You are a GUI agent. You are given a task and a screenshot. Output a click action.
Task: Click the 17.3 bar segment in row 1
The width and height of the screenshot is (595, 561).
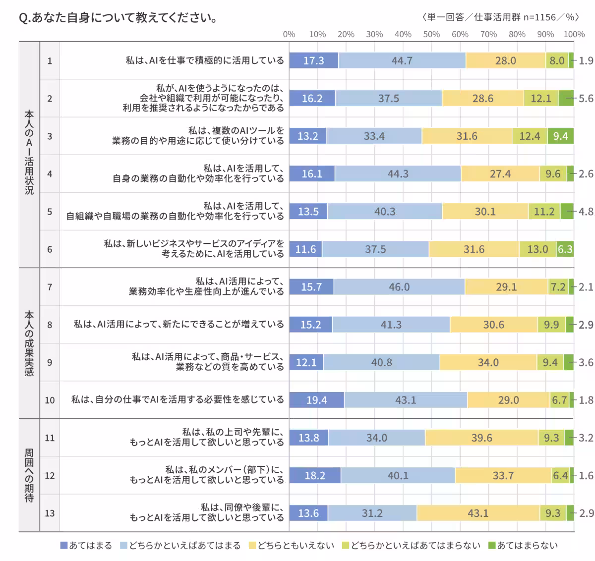(x=313, y=60)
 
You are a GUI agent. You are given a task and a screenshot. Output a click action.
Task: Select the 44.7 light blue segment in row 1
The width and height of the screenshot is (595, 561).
(x=402, y=60)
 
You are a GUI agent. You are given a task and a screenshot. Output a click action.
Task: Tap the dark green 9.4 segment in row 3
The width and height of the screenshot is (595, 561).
(x=560, y=136)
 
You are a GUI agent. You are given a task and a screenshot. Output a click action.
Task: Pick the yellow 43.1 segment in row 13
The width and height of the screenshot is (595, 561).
(x=478, y=513)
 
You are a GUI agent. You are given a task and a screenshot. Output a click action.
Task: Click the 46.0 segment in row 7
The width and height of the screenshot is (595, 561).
(x=399, y=287)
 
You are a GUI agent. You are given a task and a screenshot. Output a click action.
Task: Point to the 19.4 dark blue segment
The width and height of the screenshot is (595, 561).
(x=316, y=400)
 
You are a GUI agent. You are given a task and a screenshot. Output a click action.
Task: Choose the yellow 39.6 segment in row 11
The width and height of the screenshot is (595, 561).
(x=481, y=438)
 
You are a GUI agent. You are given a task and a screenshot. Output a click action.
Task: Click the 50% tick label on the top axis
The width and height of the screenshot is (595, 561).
(x=431, y=34)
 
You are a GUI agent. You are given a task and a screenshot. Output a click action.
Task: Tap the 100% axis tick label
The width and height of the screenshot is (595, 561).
(x=574, y=34)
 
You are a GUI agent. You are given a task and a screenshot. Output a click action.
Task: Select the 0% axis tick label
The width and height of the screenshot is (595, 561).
(x=289, y=34)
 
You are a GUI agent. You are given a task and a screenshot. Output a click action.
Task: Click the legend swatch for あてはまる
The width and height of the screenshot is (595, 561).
(x=63, y=546)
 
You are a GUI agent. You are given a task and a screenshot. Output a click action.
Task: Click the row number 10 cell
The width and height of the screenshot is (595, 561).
(x=50, y=400)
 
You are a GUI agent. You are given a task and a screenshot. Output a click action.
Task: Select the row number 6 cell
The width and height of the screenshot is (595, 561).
(x=50, y=249)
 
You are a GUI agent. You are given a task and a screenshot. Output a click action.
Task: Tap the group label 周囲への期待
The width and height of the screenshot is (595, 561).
(x=29, y=475)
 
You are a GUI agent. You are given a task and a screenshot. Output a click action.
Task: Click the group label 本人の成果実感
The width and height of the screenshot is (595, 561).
(x=29, y=343)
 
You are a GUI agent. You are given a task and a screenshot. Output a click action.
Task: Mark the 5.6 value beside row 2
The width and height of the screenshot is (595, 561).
(x=586, y=98)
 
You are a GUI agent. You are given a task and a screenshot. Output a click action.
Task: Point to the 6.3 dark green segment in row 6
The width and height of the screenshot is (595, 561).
(x=565, y=249)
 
